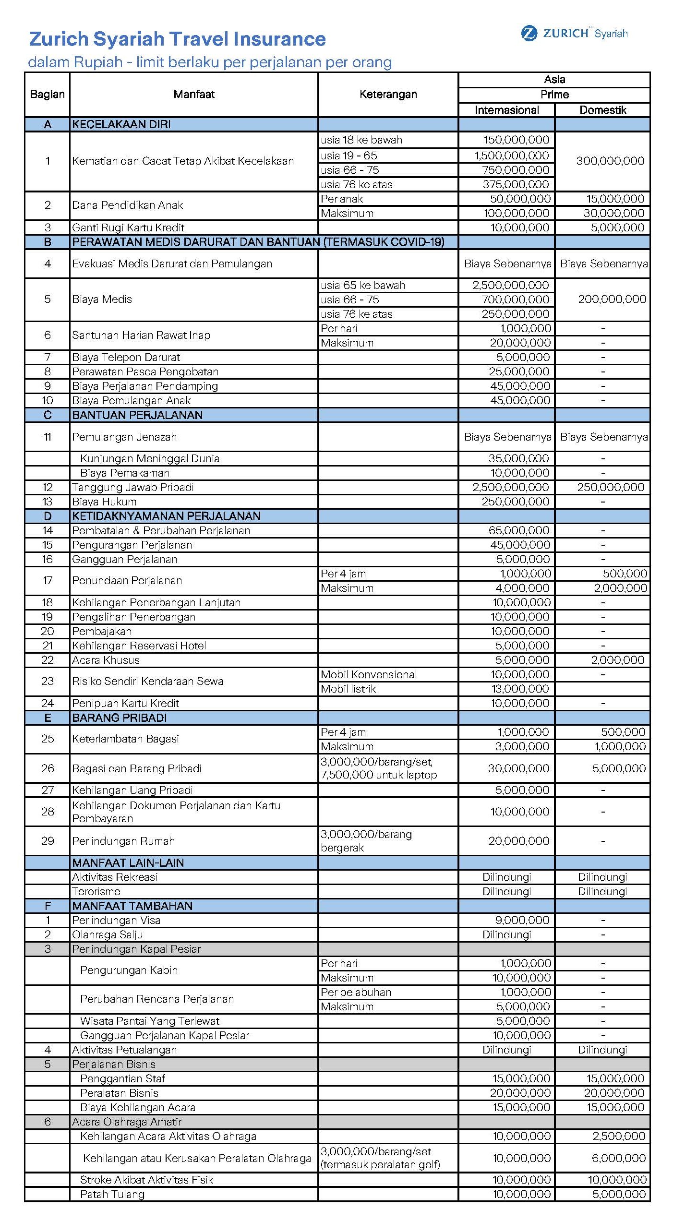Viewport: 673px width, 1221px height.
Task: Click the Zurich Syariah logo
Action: (574, 34)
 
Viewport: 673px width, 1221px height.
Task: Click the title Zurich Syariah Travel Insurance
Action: (177, 39)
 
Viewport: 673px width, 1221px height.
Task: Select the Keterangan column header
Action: (388, 94)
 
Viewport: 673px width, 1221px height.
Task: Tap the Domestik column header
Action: (602, 110)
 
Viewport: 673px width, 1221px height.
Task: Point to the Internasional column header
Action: (506, 110)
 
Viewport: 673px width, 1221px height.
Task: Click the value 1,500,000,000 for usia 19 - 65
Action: (512, 156)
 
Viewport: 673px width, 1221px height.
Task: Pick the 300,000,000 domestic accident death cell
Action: (610, 161)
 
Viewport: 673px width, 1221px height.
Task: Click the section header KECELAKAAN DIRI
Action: (121, 124)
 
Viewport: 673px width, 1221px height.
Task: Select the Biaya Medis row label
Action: (102, 299)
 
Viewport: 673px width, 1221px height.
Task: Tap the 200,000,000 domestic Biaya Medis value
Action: (612, 299)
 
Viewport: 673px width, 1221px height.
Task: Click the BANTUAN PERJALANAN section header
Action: (137, 415)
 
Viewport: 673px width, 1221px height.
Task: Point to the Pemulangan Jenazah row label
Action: (124, 437)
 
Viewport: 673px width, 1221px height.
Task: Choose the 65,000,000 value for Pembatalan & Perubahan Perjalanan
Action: (519, 531)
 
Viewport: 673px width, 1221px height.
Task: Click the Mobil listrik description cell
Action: (349, 689)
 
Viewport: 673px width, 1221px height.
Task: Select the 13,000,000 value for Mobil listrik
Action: (519, 689)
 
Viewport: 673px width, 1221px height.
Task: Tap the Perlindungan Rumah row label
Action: (123, 841)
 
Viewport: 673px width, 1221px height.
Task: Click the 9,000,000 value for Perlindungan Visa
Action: (522, 921)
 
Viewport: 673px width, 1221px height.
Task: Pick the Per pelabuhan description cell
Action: (356, 993)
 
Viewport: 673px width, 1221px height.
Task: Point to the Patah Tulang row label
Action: (112, 1195)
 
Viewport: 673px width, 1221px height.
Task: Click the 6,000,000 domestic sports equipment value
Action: (619, 1159)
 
